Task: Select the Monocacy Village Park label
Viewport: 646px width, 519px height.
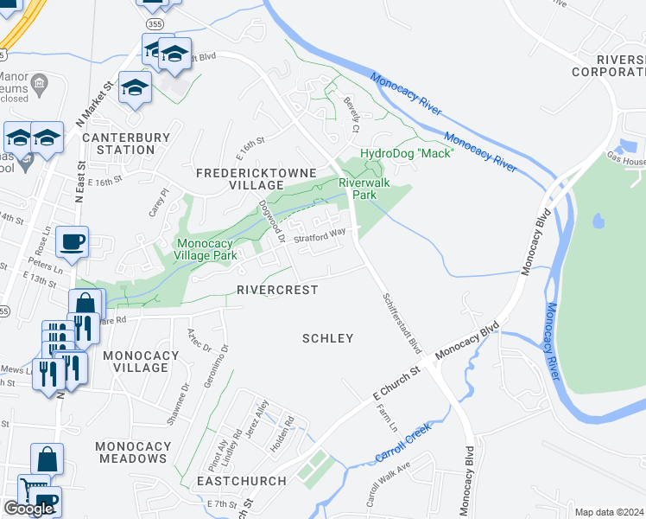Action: tap(206, 249)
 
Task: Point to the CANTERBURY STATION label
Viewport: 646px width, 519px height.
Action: tap(118, 144)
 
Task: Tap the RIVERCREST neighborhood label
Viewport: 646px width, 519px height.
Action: tap(276, 290)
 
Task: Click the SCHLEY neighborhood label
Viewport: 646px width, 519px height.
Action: tap(327, 338)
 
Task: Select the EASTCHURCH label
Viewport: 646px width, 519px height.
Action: tap(241, 480)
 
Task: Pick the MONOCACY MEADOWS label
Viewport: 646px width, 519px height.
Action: tap(133, 452)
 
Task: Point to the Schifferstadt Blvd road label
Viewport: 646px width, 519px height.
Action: tap(402, 323)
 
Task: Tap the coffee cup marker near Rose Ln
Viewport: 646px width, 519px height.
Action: tap(72, 241)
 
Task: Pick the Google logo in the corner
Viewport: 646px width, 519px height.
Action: tap(28, 509)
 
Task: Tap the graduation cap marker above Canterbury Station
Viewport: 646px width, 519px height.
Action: tap(136, 86)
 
